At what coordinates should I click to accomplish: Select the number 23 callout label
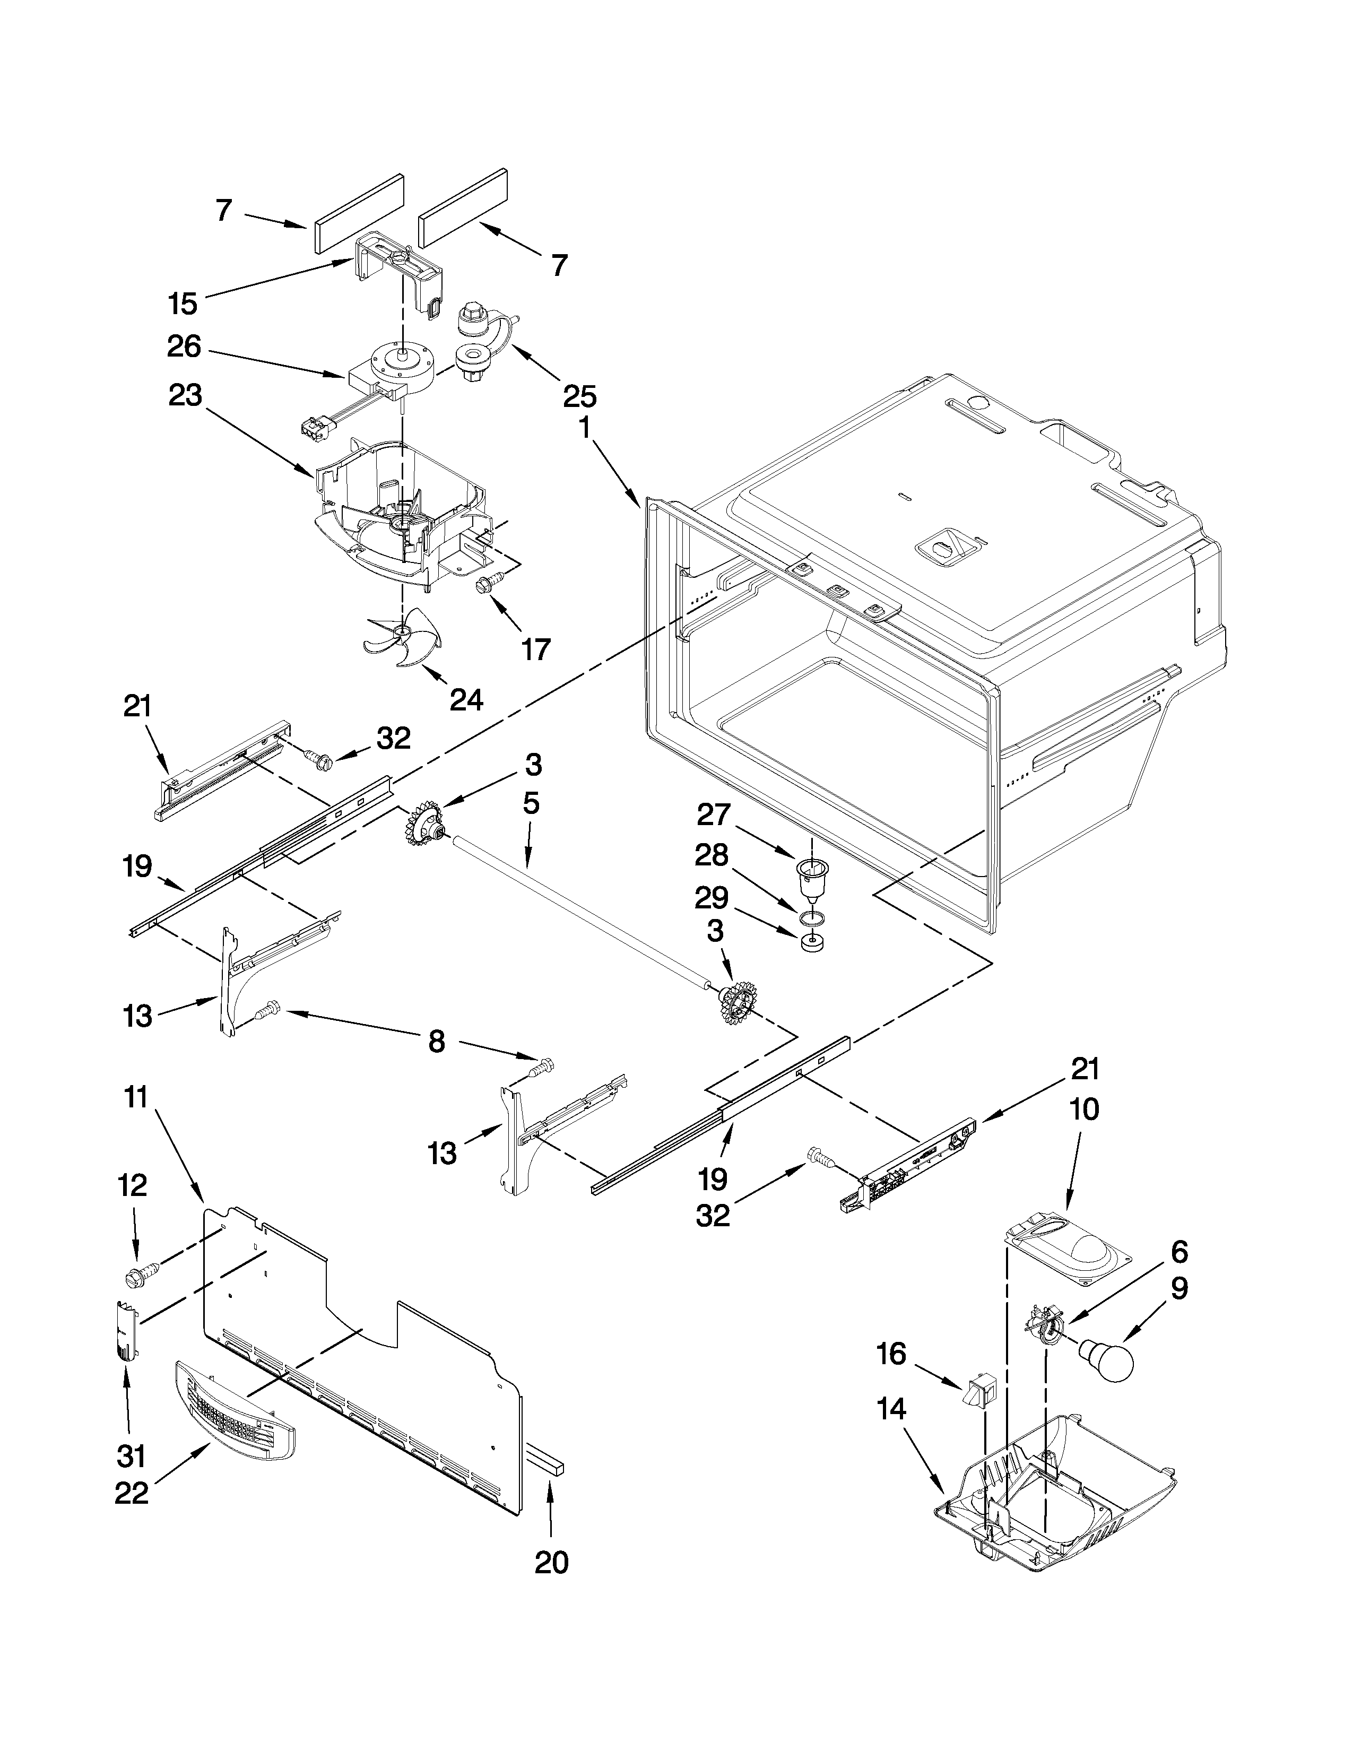(185, 396)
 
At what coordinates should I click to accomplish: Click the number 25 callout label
(579, 396)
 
